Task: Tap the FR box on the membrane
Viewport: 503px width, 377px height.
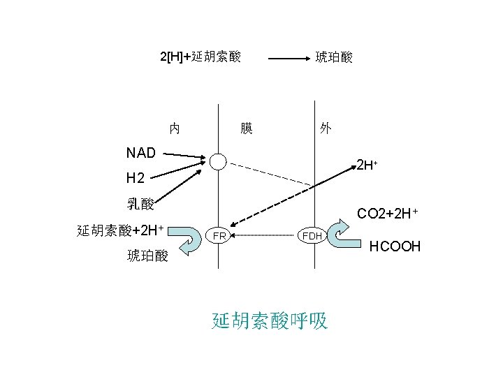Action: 219,236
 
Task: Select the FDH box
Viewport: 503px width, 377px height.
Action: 312,236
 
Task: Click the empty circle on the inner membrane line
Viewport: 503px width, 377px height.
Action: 219,161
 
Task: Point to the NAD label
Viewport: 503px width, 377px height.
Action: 141,152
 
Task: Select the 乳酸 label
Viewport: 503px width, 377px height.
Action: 140,204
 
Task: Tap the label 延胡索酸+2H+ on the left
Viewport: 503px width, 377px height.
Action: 120,230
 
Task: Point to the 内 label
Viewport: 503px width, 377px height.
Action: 175,128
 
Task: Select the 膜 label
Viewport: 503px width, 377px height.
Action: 246,128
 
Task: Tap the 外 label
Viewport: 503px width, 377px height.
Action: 326,128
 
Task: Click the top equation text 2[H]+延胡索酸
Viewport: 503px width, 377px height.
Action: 201,56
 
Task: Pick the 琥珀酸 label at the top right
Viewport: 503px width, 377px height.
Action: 334,57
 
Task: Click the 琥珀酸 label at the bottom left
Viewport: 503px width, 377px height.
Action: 147,256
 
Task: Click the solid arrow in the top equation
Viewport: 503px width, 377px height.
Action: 289,59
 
